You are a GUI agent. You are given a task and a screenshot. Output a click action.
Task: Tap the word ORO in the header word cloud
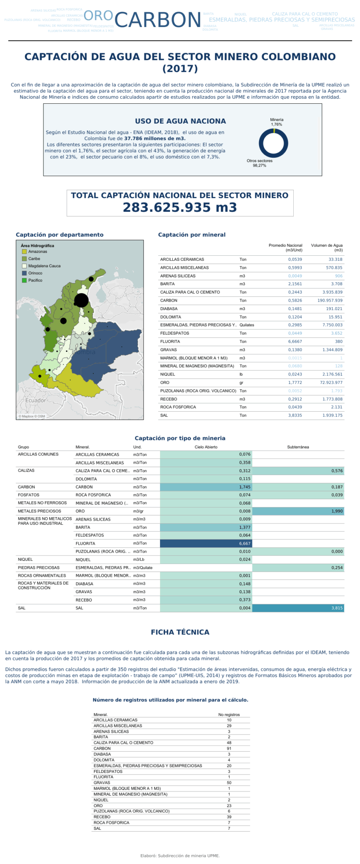pyautogui.click(x=98, y=16)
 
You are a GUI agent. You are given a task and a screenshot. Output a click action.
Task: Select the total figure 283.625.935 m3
pyautogui.click(x=180, y=207)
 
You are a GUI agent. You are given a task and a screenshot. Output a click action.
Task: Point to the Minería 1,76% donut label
pyautogui.click(x=276, y=122)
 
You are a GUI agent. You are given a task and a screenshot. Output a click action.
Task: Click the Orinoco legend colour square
pyautogui.click(x=24, y=273)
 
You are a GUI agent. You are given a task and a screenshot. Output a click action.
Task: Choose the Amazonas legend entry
pyautogui.click(x=38, y=251)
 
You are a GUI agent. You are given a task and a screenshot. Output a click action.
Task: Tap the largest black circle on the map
pyautogui.click(x=81, y=301)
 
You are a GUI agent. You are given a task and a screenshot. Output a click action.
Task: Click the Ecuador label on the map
pyautogui.click(x=36, y=400)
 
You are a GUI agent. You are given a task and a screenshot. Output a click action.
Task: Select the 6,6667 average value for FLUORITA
pyautogui.click(x=295, y=341)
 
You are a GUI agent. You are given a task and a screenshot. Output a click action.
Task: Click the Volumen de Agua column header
pyautogui.click(x=327, y=247)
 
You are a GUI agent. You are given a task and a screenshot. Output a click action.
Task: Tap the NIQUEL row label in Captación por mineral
pyautogui.click(x=168, y=374)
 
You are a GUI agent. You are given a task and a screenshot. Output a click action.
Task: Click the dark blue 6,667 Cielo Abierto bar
pyautogui.click(x=206, y=543)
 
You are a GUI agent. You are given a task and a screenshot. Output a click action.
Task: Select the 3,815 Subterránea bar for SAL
pyautogui.click(x=298, y=608)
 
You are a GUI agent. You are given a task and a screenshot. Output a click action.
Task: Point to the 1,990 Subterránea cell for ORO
pyautogui.click(x=298, y=511)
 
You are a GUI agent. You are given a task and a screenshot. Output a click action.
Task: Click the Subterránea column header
pyautogui.click(x=298, y=447)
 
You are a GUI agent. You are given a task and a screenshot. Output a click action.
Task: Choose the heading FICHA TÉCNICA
pyautogui.click(x=180, y=632)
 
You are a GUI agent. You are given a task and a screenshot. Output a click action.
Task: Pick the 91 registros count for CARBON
pyautogui.click(x=229, y=748)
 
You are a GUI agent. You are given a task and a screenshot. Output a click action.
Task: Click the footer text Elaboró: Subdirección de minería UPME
pyautogui.click(x=180, y=856)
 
